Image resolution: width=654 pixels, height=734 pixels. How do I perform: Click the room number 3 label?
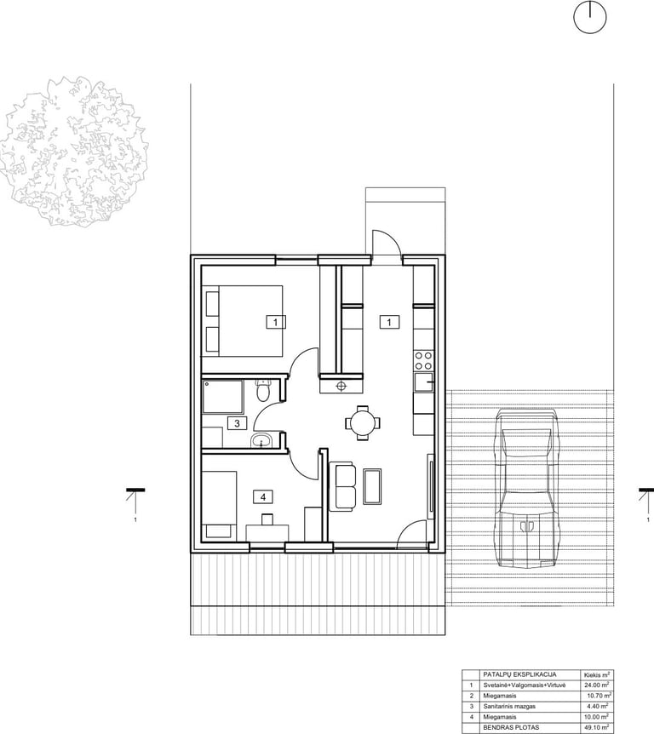tap(237, 423)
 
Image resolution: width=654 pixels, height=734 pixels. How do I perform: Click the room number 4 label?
tap(262, 496)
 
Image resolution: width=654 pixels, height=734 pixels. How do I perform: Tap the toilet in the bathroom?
tap(263, 390)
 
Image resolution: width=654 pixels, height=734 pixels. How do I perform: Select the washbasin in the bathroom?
tap(261, 440)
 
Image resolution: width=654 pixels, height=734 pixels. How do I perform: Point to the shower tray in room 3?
tap(223, 397)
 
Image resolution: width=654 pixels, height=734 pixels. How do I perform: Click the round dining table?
tap(363, 422)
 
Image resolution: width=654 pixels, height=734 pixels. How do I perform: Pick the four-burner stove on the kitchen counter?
tap(423, 361)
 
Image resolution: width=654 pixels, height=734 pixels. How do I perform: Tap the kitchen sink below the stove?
tap(424, 383)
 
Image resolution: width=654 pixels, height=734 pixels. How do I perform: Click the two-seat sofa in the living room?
tap(342, 486)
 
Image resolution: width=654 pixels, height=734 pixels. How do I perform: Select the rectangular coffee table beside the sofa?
tap(373, 486)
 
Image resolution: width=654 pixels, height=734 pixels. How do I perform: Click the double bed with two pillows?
tap(243, 321)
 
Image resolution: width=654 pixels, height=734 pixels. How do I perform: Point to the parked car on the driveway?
tap(528, 488)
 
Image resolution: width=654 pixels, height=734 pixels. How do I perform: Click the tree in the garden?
tap(74, 151)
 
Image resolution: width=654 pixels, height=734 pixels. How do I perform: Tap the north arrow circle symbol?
tap(590, 17)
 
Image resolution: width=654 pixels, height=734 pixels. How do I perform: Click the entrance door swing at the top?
tap(387, 243)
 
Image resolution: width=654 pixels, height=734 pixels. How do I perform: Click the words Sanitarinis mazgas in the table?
tap(509, 707)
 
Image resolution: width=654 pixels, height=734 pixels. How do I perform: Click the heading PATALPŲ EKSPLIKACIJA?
tap(519, 674)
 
